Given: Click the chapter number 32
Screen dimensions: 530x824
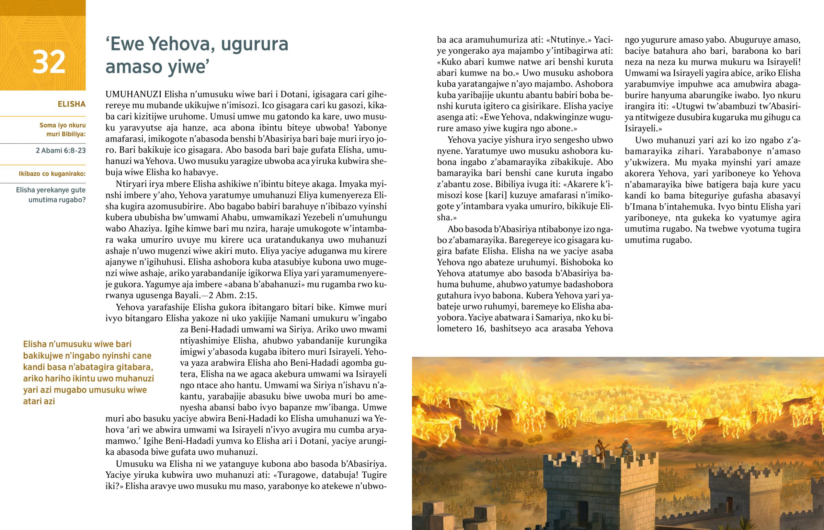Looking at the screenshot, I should click(x=48, y=62).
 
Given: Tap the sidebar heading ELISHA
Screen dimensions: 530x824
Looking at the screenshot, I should click(x=71, y=104).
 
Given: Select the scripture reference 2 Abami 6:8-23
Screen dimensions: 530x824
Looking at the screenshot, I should click(x=60, y=150).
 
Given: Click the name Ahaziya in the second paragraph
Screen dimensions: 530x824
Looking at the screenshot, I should click(x=145, y=228).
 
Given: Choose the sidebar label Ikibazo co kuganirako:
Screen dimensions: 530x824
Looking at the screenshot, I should click(x=52, y=174).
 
